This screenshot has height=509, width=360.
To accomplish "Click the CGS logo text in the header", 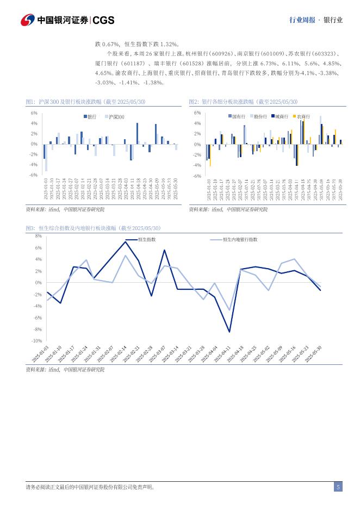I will [103, 20].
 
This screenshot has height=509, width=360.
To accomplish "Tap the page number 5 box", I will [338, 487].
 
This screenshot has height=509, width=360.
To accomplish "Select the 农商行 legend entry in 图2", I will [303, 116].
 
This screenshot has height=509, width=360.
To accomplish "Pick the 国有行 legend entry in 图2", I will [238, 116].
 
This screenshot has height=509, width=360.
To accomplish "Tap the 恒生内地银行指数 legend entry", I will [239, 239].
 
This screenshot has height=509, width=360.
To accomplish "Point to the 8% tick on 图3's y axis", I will [39, 236].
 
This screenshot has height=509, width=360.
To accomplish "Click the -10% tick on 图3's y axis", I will [37, 341].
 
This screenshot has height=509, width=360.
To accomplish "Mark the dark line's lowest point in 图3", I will [229, 332].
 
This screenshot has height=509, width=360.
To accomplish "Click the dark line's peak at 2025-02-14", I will [126, 241].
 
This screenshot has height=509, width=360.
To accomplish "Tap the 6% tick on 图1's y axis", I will [34, 113].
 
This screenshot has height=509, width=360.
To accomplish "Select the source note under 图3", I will [65, 369].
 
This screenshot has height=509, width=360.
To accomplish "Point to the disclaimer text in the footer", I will [90, 487].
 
